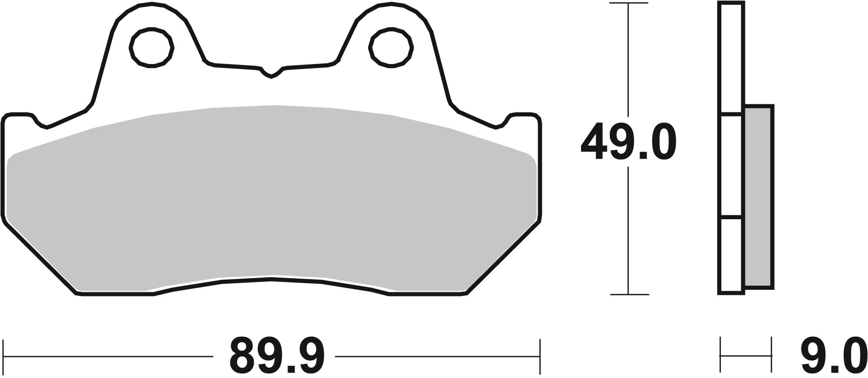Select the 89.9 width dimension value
tap(277, 355)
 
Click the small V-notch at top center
tap(272, 74)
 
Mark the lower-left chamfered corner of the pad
tap(40, 257)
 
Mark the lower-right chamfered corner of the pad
tap(504, 257)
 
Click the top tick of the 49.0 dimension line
tap(628, 4)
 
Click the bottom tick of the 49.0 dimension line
tap(628, 294)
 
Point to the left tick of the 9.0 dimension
tap(721, 355)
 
